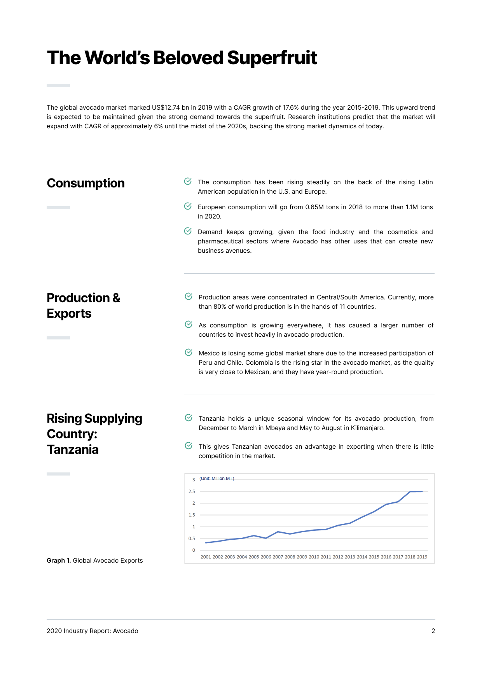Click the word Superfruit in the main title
click(272, 58)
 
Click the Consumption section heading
click(86, 183)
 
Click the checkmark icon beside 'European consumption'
click(188, 206)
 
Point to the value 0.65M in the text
click(314, 207)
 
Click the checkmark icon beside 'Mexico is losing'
click(189, 352)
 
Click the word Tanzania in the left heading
click(73, 449)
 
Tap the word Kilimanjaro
click(367, 428)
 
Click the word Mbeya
click(275, 428)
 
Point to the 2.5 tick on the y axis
click(192, 491)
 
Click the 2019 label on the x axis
click(422, 557)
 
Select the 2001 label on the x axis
click(206, 557)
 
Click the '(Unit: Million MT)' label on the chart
click(217, 479)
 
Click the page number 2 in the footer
click(433, 631)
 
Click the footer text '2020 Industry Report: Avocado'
click(93, 631)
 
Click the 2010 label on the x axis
click(314, 557)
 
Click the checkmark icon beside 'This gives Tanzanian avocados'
click(189, 446)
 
